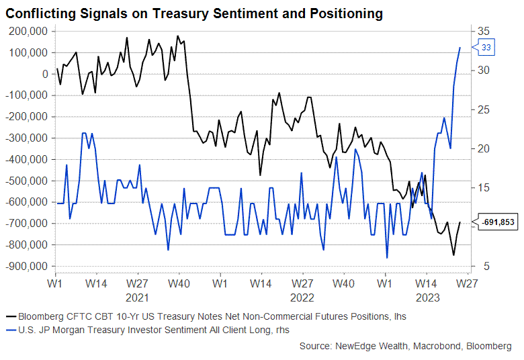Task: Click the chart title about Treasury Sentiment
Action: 195,13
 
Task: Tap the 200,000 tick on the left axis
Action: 28,31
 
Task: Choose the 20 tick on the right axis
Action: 485,148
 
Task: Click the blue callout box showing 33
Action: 486,47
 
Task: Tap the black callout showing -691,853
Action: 498,222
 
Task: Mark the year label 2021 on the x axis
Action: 137,296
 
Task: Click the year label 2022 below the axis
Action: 302,296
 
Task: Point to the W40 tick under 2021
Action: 179,284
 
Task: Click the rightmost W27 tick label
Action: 467,284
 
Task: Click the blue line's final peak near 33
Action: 460,48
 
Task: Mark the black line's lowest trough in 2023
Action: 453,255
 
